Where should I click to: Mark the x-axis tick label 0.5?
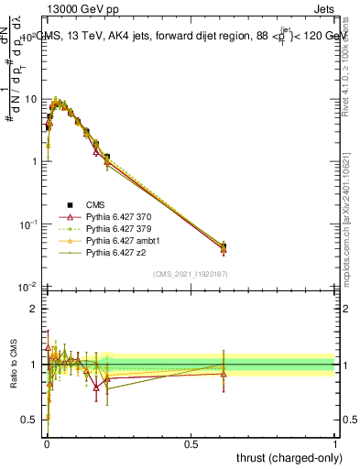[x=191, y=442]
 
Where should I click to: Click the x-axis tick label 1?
[x=335, y=442]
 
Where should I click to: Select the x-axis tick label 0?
[x=46, y=442]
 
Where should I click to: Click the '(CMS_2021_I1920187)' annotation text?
[x=190, y=274]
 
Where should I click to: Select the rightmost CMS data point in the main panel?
[x=224, y=246]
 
